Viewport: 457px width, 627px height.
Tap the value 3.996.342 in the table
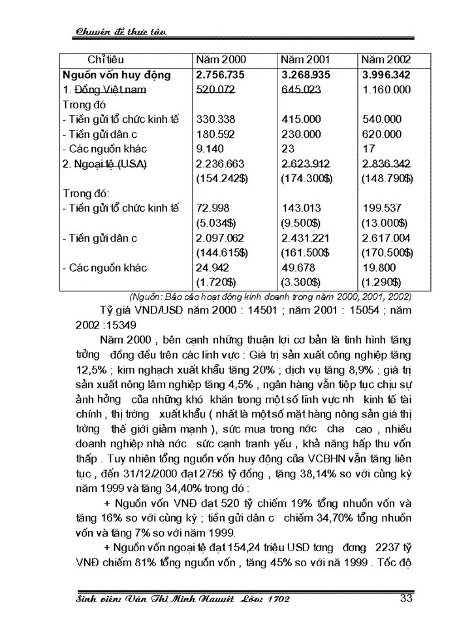point(388,75)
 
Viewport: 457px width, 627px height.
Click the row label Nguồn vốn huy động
point(117,75)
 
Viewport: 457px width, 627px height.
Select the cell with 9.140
point(210,149)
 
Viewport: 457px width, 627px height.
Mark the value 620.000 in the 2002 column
point(383,134)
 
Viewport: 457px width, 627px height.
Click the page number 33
point(405,598)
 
